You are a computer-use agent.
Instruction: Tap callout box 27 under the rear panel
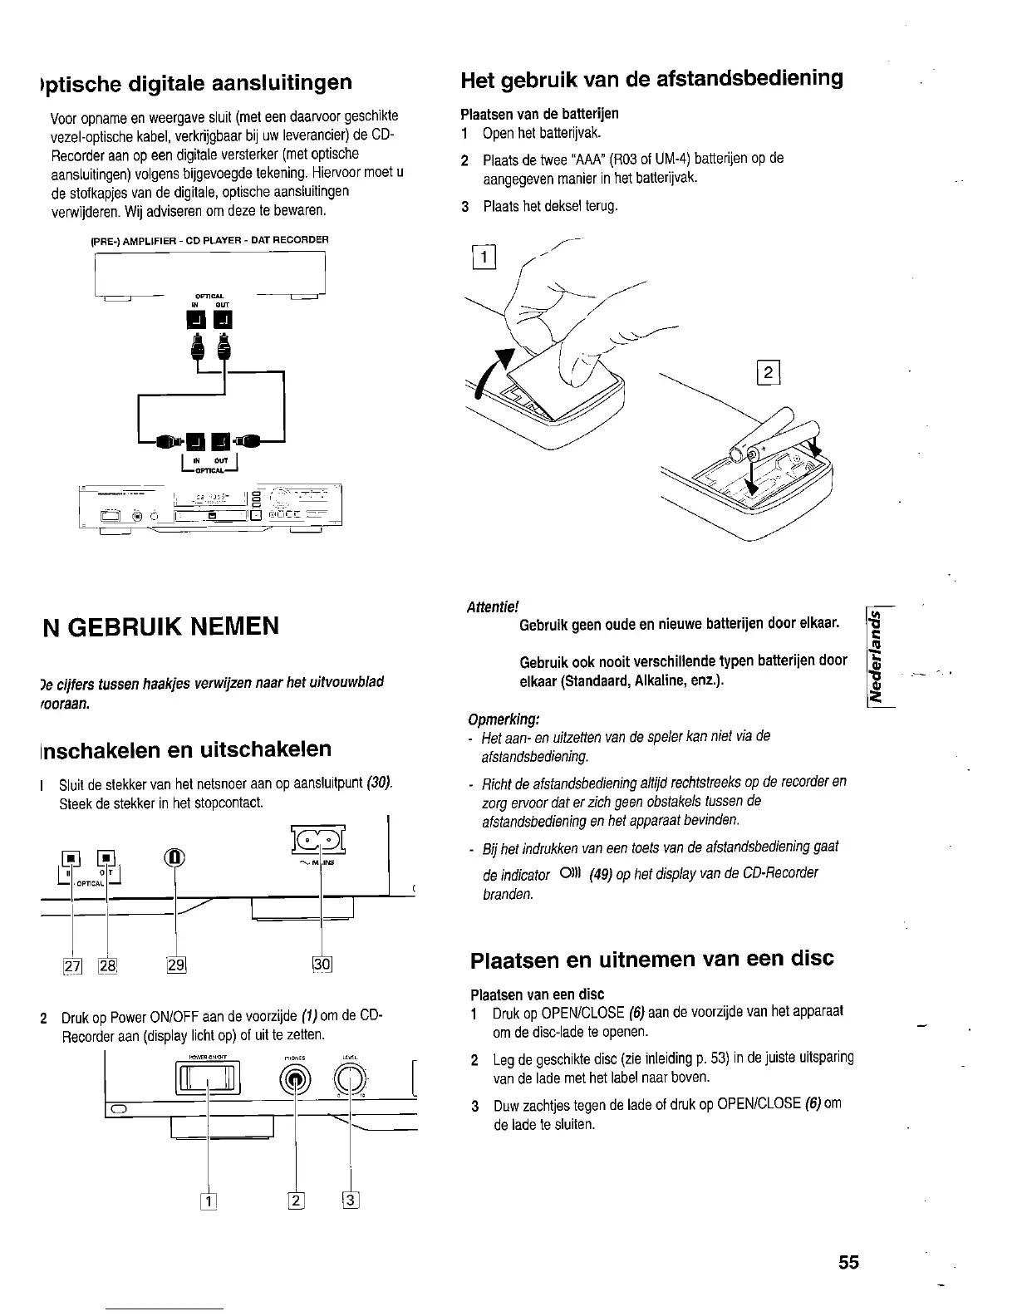[x=72, y=965]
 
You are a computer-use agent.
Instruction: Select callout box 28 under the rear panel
[x=108, y=965]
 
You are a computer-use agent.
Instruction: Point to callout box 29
[x=175, y=965]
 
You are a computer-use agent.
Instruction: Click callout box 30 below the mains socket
[x=322, y=965]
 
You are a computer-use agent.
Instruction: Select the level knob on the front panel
[x=349, y=1080]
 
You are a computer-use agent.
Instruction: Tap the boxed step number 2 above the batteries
[x=769, y=373]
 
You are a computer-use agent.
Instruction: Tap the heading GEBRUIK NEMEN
[x=161, y=625]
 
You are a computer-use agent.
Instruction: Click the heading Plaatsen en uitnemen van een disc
[x=652, y=959]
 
